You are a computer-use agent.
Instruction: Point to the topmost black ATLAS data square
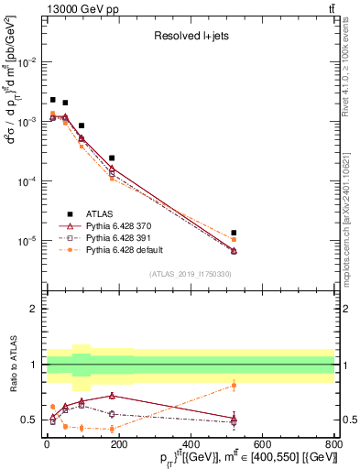[x=53, y=100]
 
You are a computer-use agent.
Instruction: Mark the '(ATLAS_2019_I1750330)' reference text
[x=191, y=273]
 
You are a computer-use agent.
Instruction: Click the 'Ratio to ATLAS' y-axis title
[x=12, y=364]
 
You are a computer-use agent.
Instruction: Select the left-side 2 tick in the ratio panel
[x=36, y=309]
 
